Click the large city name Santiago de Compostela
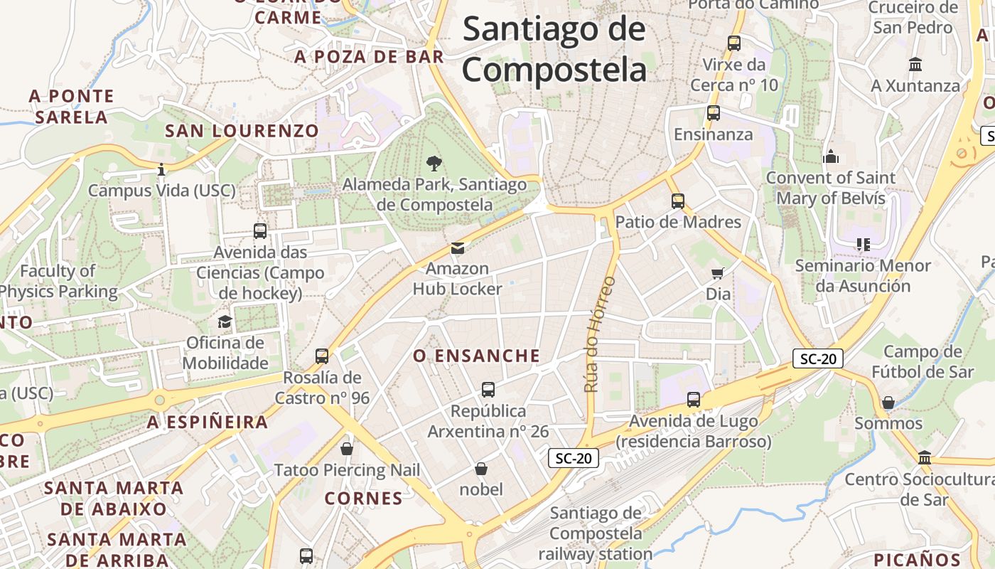[x=554, y=50]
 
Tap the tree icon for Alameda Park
[x=434, y=164]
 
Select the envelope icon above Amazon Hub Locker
[x=458, y=248]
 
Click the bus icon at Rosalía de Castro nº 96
[x=322, y=356]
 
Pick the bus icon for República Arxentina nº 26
[x=488, y=390]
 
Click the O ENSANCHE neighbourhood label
[x=477, y=356]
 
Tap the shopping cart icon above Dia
[x=718, y=273]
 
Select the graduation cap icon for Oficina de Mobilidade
[x=225, y=321]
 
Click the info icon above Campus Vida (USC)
[x=161, y=170]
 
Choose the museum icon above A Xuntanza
[x=915, y=65]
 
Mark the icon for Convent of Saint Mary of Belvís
[x=830, y=156]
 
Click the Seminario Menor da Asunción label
[x=863, y=276]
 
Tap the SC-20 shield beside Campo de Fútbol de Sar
[x=818, y=359]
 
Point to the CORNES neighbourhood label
[x=364, y=499]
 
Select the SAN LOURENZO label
[x=242, y=131]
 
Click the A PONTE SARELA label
[x=71, y=107]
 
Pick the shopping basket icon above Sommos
[x=888, y=403]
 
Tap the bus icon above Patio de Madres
[x=678, y=201]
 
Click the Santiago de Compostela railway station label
[x=596, y=533]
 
